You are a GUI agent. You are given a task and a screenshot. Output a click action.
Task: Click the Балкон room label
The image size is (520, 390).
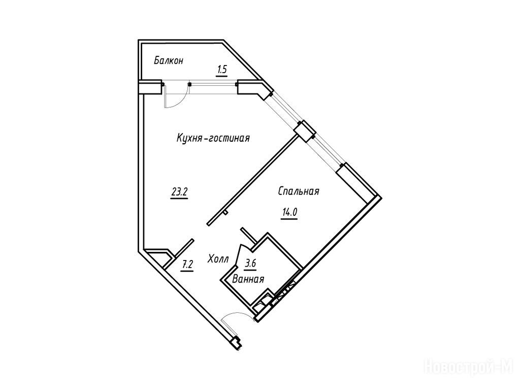click(x=169, y=61)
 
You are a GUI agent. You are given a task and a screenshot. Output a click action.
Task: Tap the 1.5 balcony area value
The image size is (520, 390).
click(x=222, y=70)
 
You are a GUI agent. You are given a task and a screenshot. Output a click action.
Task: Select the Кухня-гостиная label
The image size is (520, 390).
click(x=213, y=138)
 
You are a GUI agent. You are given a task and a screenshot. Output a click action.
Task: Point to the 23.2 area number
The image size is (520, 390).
click(x=179, y=192)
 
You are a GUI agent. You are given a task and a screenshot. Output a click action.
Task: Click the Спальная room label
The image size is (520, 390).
click(x=299, y=191)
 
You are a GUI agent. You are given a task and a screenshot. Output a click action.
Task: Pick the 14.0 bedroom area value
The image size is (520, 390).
click(x=289, y=212)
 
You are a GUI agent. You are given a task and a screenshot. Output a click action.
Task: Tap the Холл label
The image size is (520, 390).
click(x=218, y=259)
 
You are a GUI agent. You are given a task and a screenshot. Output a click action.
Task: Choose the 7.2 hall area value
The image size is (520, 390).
click(x=187, y=265)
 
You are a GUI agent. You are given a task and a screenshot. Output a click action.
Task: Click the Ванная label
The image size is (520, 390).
click(x=248, y=279)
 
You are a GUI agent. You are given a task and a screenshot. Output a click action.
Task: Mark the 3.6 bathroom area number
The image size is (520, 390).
click(x=250, y=264)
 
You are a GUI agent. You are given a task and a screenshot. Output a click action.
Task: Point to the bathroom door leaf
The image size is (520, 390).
click(x=238, y=255)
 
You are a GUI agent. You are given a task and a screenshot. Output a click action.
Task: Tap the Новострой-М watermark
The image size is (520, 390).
click(x=469, y=368)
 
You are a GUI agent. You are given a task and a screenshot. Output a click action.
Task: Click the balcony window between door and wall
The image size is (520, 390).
click(x=213, y=84)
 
